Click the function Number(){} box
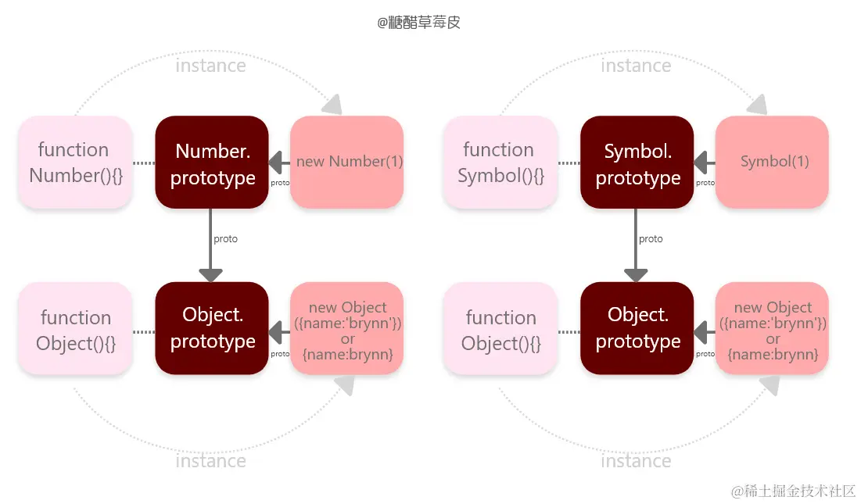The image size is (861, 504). point(75,163)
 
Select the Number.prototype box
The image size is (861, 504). point(212,163)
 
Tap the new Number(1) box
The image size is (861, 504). point(346,163)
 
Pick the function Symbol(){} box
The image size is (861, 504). point(500,163)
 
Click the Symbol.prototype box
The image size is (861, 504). point(637,163)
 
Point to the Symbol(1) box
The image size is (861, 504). point(772,163)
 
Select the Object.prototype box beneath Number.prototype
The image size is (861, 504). point(212,328)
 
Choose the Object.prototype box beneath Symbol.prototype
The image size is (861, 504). point(637,328)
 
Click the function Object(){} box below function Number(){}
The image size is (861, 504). point(75,329)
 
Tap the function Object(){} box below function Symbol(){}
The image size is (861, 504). point(500,329)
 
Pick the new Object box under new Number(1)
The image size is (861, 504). point(346,329)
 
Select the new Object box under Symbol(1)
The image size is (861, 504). point(772,329)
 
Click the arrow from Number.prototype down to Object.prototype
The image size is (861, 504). point(211,245)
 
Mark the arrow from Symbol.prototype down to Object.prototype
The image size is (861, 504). point(636,245)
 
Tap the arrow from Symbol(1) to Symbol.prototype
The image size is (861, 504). point(705,163)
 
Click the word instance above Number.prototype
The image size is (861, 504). point(210,66)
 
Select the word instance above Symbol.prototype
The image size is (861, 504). point(636,66)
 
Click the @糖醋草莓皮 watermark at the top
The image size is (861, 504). point(419,23)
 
